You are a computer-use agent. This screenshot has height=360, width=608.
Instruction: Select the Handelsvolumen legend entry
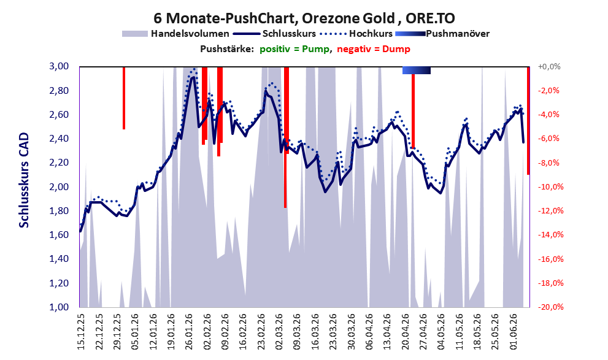175,34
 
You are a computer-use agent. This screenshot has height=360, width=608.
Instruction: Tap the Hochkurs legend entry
356,34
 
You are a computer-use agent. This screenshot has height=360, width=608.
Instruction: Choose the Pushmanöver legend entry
442,34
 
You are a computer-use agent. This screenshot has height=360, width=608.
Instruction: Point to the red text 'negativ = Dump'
374,49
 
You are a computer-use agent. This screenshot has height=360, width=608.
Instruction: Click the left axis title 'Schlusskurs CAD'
24,180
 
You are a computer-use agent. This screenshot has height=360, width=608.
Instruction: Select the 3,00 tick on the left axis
59,66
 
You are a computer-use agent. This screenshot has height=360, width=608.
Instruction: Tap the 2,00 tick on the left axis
59,187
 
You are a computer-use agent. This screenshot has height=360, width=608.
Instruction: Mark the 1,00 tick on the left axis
59,307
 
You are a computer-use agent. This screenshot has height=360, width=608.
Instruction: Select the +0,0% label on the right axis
549,67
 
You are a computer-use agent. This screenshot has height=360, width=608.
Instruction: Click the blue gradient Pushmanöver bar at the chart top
417,70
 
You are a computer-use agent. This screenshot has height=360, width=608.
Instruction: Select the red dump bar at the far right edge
528,121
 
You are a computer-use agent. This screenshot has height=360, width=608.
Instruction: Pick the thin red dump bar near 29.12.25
124,98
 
